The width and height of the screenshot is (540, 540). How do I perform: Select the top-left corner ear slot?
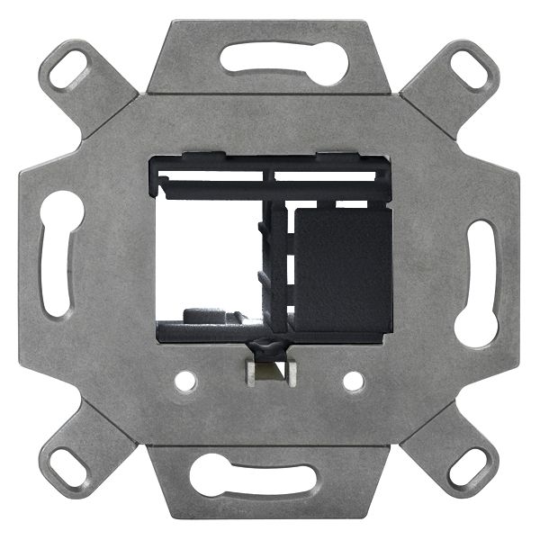tap(69, 68)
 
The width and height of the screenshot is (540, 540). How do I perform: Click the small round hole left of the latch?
tap(185, 382)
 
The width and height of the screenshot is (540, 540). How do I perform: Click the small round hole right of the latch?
tap(354, 382)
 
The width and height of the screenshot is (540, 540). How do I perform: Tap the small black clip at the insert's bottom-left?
tap(203, 316)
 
